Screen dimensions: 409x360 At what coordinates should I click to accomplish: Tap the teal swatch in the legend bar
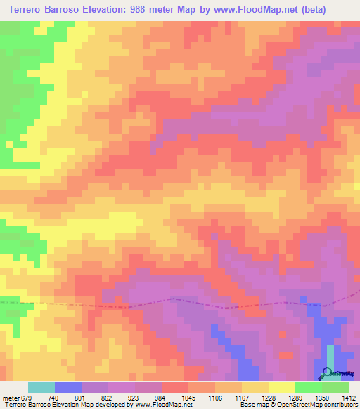click(41, 387)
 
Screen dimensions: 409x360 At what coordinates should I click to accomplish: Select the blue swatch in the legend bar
click(68, 387)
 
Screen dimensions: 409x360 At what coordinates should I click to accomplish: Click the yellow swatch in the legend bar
click(281, 387)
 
